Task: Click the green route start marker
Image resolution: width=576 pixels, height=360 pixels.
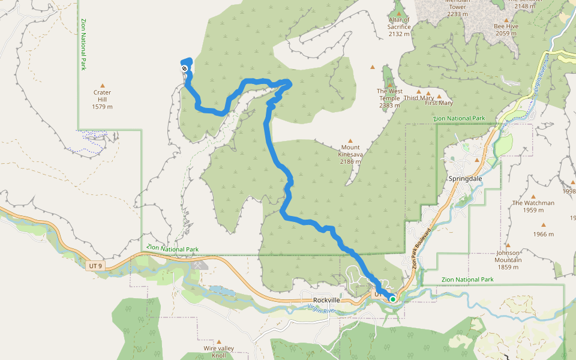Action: point(392,298)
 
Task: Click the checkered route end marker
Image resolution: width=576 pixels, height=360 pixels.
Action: point(185,69)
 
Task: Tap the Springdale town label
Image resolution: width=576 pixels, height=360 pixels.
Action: point(465,179)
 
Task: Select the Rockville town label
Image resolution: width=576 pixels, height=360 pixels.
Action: point(326,301)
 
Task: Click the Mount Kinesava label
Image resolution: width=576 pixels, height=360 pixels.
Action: point(350,154)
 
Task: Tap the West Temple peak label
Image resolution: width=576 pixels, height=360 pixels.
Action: point(389,98)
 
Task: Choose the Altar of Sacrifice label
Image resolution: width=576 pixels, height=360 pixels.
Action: point(399,26)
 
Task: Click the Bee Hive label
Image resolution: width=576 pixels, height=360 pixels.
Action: point(506,29)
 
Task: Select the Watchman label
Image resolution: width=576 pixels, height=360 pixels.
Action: point(533,206)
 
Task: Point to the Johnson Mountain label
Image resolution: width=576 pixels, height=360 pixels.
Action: point(508,256)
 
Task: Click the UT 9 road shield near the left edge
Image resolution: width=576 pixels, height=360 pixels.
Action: point(94,265)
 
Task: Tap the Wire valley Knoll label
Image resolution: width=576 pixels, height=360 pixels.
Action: point(218,352)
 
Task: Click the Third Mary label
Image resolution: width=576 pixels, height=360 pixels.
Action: point(418,98)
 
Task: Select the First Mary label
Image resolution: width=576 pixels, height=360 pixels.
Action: point(439,103)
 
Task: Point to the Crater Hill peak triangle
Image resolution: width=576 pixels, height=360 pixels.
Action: point(102,86)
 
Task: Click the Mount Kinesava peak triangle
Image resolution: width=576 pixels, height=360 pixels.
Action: point(350,140)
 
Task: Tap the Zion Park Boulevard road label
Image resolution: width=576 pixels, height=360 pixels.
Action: point(422,247)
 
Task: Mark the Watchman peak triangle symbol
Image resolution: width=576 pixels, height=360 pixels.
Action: point(533,196)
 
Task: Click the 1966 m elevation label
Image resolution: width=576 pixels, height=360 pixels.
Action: point(542,234)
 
